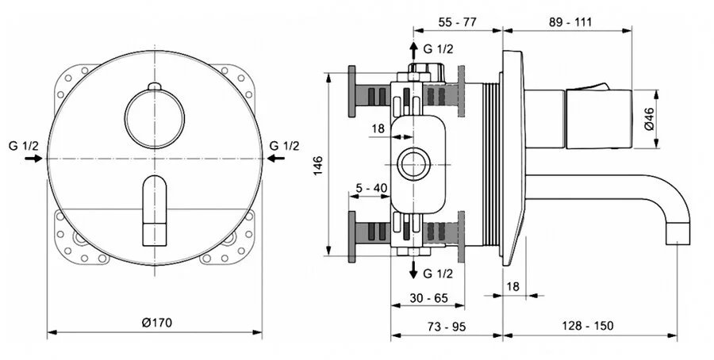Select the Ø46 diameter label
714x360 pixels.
pos(648,119)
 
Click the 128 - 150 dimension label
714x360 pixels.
pos(592,326)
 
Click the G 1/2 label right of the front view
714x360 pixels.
pos(284,145)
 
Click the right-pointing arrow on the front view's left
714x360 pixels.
pos(33,159)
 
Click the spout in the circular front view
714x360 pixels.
pos(155,209)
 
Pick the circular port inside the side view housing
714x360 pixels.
pos(413,166)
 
